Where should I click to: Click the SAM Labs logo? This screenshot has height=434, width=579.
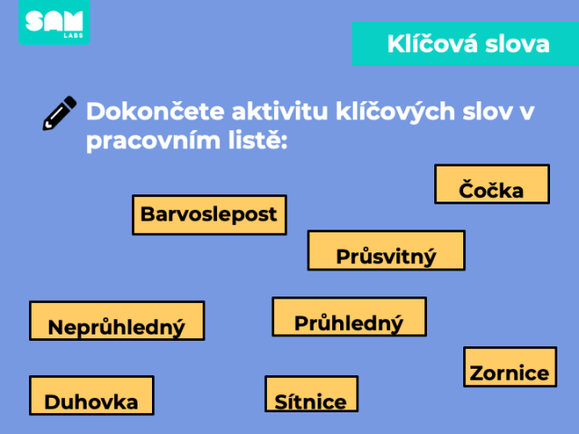pos(54,22)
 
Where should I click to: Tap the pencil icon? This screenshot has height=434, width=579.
pos(60,113)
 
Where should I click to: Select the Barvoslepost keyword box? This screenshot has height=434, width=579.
pos(209,215)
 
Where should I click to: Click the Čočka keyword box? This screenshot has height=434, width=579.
pos(492,184)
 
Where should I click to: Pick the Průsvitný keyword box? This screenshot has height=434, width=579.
pos(386,250)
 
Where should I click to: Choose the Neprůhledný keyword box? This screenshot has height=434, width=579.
pos(117,321)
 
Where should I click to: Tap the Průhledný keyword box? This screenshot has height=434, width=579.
pos(349,316)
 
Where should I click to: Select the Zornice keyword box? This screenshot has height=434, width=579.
pos(510,367)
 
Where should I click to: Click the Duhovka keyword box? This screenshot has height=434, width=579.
pos(91,396)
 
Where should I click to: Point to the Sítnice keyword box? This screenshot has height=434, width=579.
pos(311,394)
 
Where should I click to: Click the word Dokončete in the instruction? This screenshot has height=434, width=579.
pos(155,111)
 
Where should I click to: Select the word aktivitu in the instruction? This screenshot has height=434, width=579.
pos(280,111)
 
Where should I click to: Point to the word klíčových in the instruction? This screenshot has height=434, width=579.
pos(395,112)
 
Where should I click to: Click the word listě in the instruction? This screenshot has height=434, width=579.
pos(258,139)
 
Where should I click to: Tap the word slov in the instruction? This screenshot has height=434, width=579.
pos(487,111)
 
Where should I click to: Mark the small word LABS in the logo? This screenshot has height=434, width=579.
pos(73,35)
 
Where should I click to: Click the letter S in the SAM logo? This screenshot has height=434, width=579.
pos(34,21)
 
